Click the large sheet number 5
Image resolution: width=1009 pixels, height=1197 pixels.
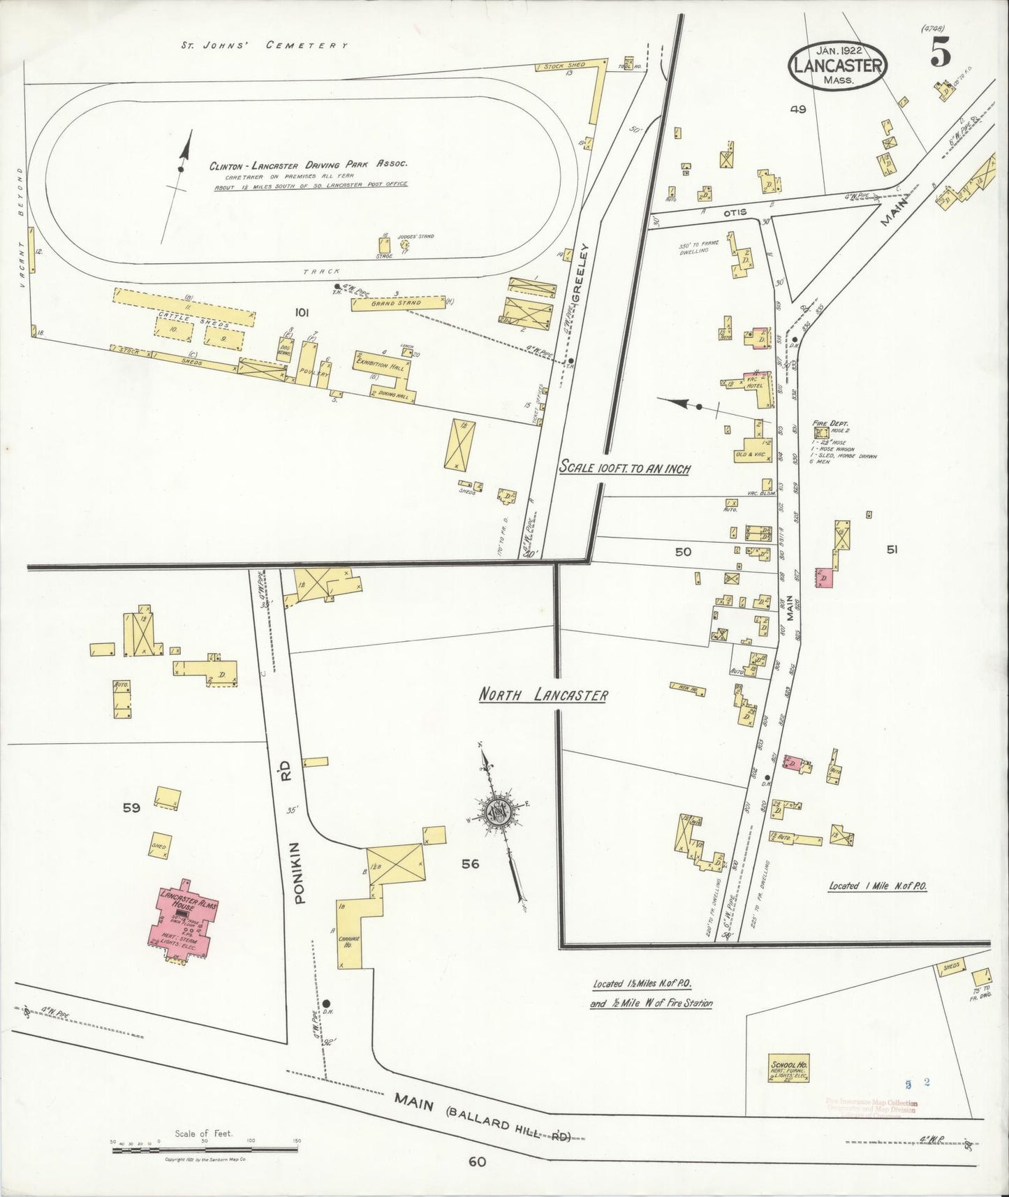pyautogui.click(x=940, y=55)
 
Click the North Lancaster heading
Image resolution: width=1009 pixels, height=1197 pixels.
pyautogui.click(x=543, y=696)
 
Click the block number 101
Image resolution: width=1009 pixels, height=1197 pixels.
pyautogui.click(x=302, y=312)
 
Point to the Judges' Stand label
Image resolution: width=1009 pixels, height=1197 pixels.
pyautogui.click(x=415, y=237)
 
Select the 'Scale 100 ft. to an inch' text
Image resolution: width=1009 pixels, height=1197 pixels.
pyautogui.click(x=624, y=469)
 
